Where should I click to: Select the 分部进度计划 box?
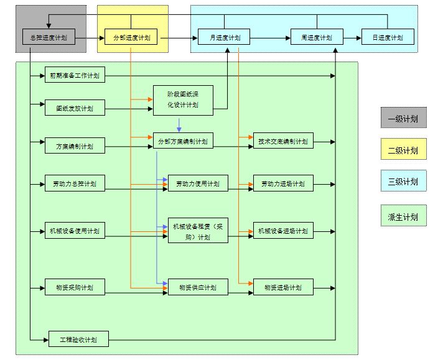(131, 38)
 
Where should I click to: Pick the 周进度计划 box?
(317, 38)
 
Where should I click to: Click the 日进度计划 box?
(388, 38)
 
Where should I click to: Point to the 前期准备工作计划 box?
(75, 76)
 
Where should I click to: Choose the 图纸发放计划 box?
(75, 108)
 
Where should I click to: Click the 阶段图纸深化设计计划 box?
(183, 100)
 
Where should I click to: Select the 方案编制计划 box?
(75, 147)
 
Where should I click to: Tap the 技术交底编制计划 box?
(283, 141)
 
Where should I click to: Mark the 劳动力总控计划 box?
(75, 184)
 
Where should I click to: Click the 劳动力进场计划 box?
(283, 184)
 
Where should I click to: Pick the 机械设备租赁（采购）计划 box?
(198, 231)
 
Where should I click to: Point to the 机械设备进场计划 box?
(283, 231)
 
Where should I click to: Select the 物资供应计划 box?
(198, 288)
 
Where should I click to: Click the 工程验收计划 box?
(78, 340)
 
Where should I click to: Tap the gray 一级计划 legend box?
(403, 118)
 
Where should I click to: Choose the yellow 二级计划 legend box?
(403, 150)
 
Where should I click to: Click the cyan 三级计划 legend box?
(403, 182)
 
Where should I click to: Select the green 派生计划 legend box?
(403, 216)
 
